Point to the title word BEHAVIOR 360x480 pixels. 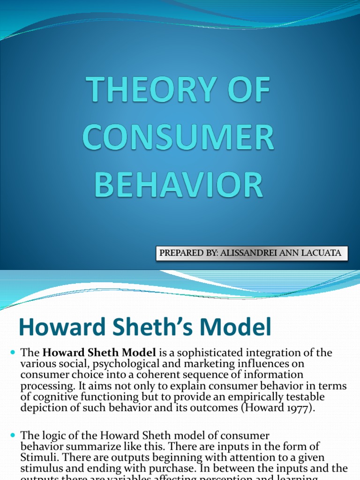(179, 185)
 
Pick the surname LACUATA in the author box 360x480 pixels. (322, 253)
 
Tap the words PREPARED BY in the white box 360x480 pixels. (183, 253)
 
